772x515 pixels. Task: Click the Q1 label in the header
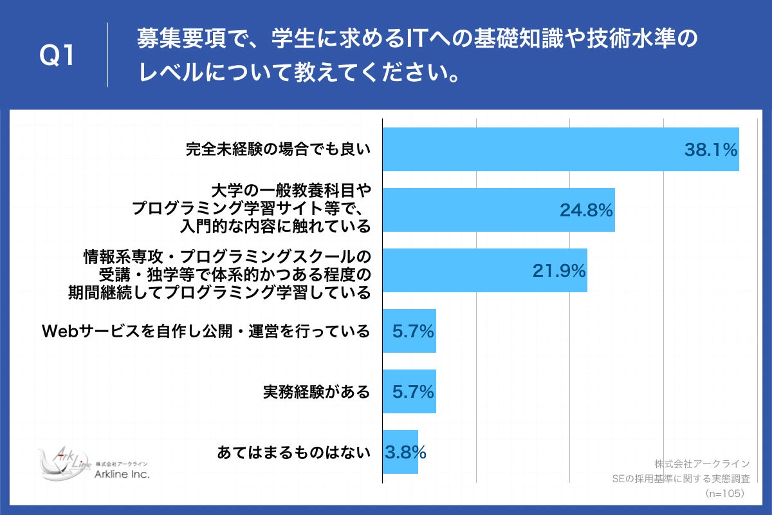pos(58,57)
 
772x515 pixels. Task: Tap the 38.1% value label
pos(710,151)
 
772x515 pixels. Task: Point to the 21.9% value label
pos(558,271)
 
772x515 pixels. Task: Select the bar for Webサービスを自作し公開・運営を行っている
pos(409,331)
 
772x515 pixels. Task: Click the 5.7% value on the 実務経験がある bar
pos(413,391)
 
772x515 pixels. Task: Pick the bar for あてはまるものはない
pos(400,452)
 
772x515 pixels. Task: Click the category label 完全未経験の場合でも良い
pos(279,150)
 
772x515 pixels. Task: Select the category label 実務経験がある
pos(317,391)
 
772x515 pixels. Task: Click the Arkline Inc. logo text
pos(122,474)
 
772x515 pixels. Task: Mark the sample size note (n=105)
pos(724,494)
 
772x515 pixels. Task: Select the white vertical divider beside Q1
pos(107,55)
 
